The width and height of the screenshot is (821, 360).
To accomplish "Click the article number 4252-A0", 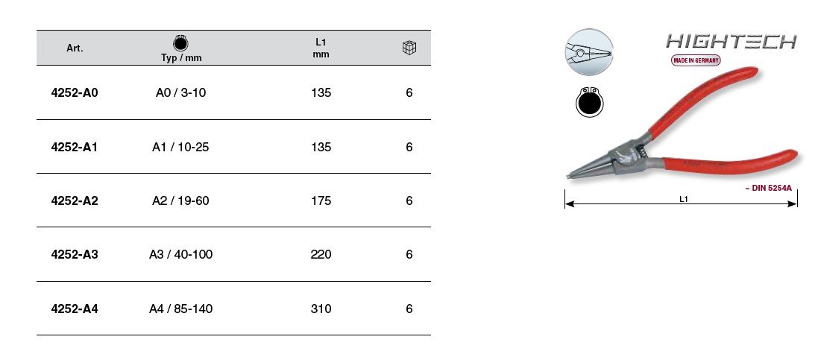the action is [75, 92].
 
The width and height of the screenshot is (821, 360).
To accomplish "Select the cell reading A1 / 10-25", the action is [180, 147].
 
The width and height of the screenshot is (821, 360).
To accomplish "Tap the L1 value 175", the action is [321, 200].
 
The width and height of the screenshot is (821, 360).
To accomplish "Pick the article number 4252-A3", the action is [75, 254].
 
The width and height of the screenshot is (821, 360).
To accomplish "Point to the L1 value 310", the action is [321, 309].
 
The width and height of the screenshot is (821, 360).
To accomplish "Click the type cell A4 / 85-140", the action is [180, 309].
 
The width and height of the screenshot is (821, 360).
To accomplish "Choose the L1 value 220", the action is [321, 254].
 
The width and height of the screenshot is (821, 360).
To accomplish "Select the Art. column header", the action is [75, 48].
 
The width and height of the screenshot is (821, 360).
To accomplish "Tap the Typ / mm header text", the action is [181, 58].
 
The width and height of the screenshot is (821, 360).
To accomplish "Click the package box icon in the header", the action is [409, 48].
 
